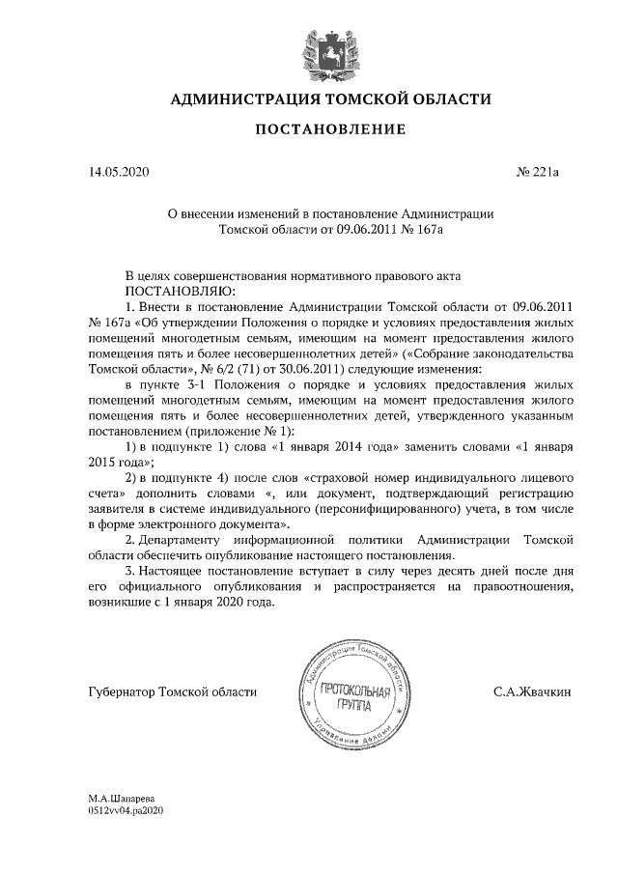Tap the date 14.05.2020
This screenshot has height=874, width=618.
(119, 173)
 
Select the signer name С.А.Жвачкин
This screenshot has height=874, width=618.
(531, 691)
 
